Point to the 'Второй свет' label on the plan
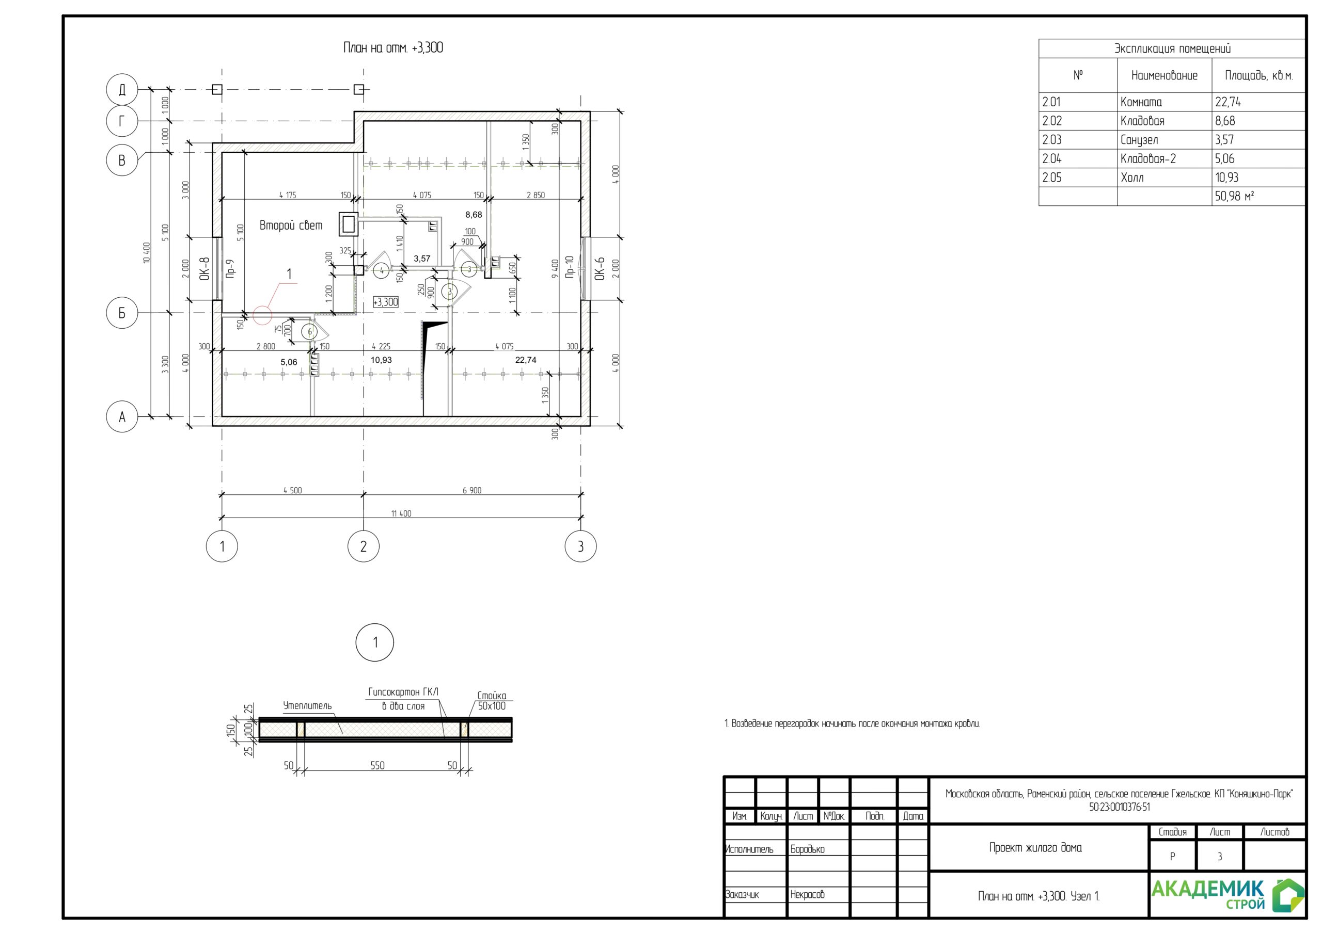pos(291,225)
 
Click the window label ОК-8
pos(204,269)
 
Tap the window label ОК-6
pos(600,269)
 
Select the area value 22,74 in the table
pos(1227,102)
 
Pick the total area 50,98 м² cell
pos(1235,196)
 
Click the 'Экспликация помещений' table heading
pos(1172,49)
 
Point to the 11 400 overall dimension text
pos(401,513)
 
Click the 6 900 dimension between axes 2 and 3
pos(471,490)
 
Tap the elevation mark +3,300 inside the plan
pos(386,302)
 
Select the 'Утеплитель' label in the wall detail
pos(307,705)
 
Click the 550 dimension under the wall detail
pos(377,765)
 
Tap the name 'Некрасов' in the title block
pos(807,894)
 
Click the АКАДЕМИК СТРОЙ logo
pos(1227,895)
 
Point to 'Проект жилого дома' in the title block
pos(1035,848)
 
